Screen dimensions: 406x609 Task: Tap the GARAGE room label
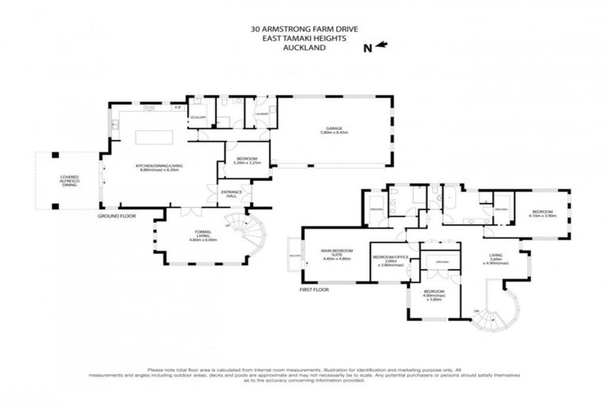(x=331, y=128)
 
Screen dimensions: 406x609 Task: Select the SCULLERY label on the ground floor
(x=197, y=117)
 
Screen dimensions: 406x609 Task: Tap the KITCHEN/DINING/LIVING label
(x=159, y=166)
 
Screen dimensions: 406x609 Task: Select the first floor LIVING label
(x=496, y=255)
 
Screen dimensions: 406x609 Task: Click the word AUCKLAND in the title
(x=304, y=47)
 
